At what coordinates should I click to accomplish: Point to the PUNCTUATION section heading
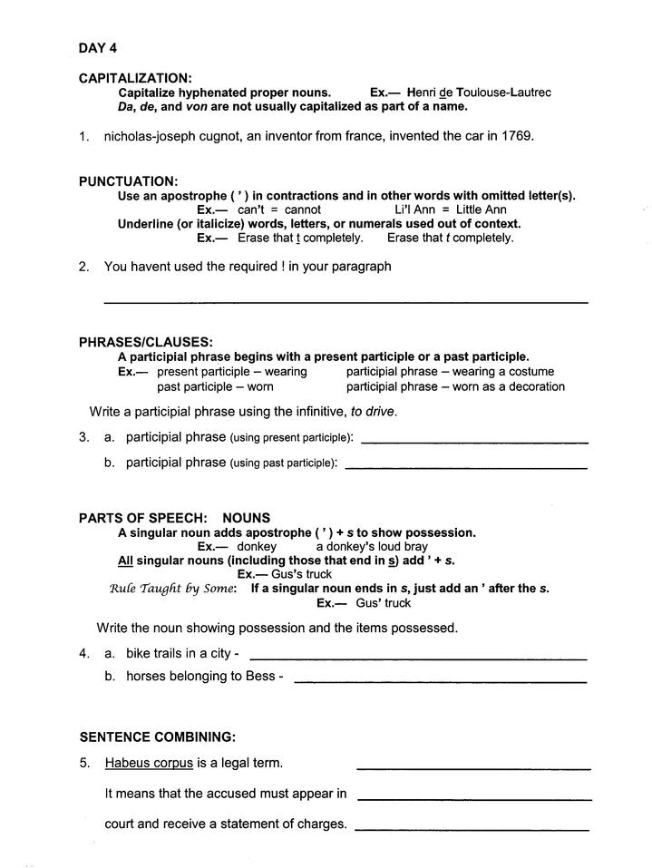[x=128, y=181]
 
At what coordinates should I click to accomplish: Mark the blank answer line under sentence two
[x=345, y=301]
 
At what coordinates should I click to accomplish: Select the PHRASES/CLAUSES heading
[x=145, y=343]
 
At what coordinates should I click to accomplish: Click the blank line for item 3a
[x=473, y=442]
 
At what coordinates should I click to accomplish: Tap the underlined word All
[x=127, y=561]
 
